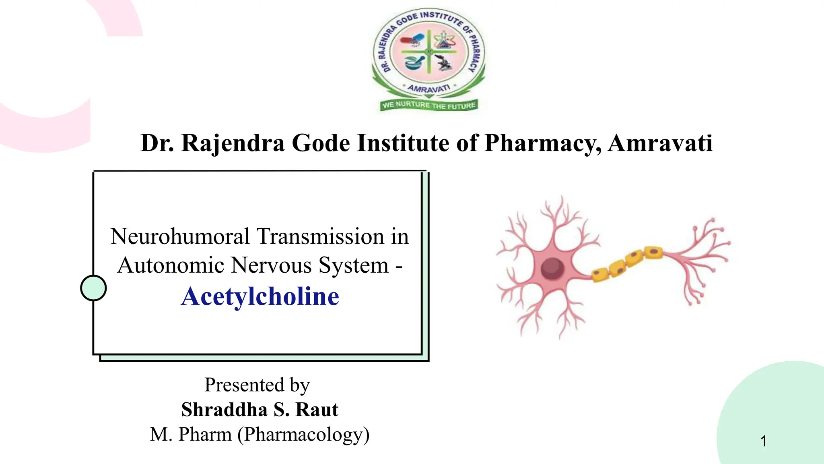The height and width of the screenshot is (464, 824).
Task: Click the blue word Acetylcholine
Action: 260,296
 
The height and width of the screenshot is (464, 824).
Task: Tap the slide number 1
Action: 763,441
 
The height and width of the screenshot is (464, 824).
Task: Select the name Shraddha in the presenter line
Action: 224,410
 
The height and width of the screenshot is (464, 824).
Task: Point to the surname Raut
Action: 317,410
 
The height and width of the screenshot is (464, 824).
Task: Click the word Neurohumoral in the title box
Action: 180,236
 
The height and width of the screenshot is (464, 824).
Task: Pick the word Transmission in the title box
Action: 320,236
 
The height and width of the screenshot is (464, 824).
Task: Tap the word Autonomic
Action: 171,265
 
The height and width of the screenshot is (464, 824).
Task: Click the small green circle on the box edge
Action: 93,288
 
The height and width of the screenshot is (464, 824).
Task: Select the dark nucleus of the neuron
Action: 552,268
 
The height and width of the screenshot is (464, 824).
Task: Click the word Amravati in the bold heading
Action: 660,143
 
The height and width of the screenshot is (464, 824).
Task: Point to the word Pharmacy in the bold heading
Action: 543,143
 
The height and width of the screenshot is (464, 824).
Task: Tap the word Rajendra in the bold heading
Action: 233,143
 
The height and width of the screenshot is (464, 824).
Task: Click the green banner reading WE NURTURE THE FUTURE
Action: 429,105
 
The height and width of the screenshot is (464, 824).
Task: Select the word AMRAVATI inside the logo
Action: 429,88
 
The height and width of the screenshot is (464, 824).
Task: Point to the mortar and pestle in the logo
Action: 414,62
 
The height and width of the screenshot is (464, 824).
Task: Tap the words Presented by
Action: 257,385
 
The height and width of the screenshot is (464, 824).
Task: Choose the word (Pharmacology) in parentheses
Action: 303,435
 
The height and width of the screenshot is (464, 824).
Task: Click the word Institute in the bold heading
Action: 403,143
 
